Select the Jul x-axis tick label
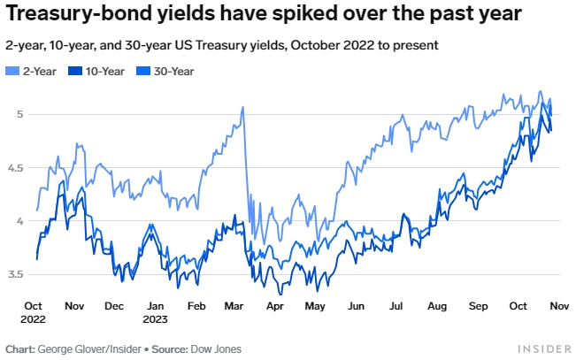tap(396, 305)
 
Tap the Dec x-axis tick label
tap(114, 305)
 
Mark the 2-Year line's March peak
tap(242, 108)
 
